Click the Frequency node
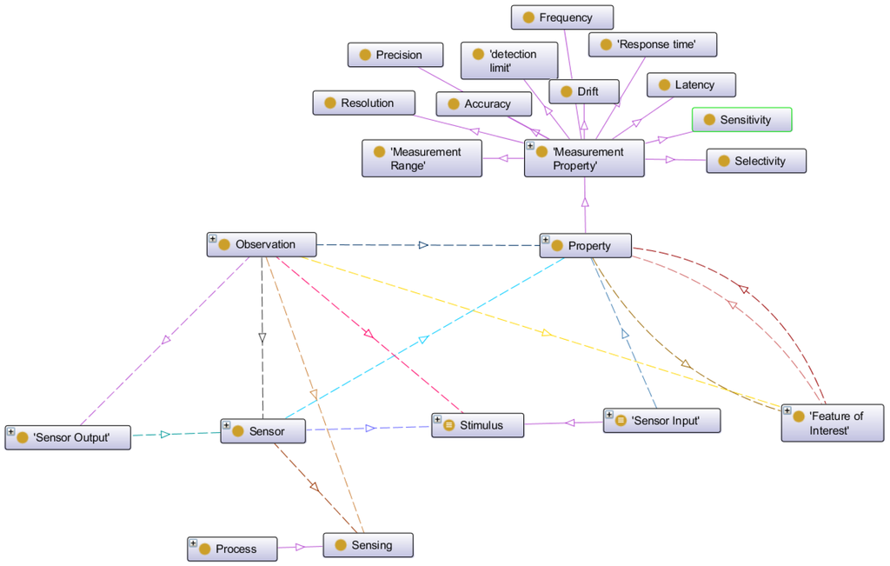[x=561, y=17]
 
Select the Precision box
[x=396, y=55]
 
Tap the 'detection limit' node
[x=509, y=61]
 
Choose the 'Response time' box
[x=653, y=44]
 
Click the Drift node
[x=584, y=91]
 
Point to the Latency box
[x=691, y=84]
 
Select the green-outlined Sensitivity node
[x=741, y=120]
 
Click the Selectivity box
[x=756, y=161]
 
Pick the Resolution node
[x=364, y=103]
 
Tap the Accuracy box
[x=484, y=104]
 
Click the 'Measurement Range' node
[x=422, y=158]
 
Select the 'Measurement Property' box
[x=584, y=158]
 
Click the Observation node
[x=262, y=244]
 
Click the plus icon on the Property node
[x=545, y=239]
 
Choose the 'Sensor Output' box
[x=68, y=437]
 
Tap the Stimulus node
[x=478, y=425]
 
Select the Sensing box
[x=368, y=545]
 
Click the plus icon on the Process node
[x=193, y=543]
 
